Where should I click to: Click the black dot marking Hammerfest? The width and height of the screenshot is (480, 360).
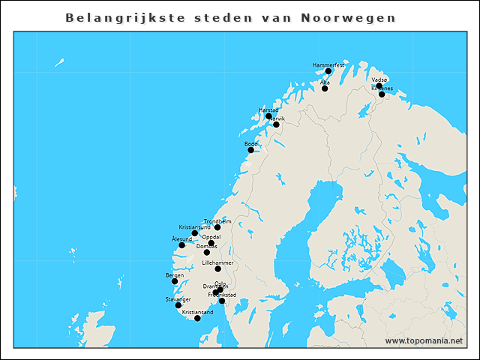click(328, 71)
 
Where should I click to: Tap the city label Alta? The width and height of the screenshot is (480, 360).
click(325, 82)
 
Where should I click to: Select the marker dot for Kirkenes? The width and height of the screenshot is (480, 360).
click(382, 94)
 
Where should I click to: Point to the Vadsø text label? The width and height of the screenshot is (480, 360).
click(379, 79)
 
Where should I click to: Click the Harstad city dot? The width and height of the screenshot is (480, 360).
click(268, 116)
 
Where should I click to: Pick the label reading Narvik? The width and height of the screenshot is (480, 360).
click(277, 118)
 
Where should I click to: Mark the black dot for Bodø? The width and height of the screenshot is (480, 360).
click(251, 150)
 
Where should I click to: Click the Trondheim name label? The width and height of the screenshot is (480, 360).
click(217, 221)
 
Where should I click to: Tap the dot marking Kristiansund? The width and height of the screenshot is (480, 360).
click(195, 233)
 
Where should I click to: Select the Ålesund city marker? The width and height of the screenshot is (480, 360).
click(181, 245)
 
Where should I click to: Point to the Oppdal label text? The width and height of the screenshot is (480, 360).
click(211, 235)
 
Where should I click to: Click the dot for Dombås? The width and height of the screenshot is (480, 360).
click(207, 253)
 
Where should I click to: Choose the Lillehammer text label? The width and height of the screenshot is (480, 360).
click(218, 262)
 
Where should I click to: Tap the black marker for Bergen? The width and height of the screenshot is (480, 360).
click(175, 282)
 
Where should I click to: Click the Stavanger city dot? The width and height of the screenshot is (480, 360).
click(178, 305)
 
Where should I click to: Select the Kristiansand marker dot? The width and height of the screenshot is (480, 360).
click(197, 318)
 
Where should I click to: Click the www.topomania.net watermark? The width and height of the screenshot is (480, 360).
click(424, 340)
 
